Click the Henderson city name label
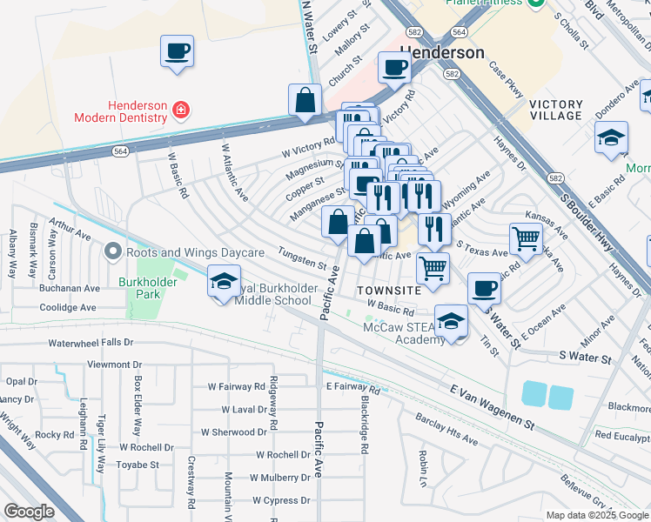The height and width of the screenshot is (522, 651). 442,53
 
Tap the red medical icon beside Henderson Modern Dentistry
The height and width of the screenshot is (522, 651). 180,110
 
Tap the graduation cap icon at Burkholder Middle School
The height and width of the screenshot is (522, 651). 224,282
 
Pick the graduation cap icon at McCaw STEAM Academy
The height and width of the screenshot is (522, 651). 451,321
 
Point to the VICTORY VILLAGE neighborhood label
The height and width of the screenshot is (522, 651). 555,110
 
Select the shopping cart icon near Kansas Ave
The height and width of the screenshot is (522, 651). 526,238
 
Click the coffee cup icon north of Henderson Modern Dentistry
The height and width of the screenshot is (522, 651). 177,50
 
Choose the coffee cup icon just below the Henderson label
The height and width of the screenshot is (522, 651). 394,67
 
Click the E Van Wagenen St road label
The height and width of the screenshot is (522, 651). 493,406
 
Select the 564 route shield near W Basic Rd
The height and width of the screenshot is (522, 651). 121,150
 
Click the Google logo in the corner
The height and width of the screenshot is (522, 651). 30,512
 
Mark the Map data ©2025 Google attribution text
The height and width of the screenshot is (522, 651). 596,515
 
